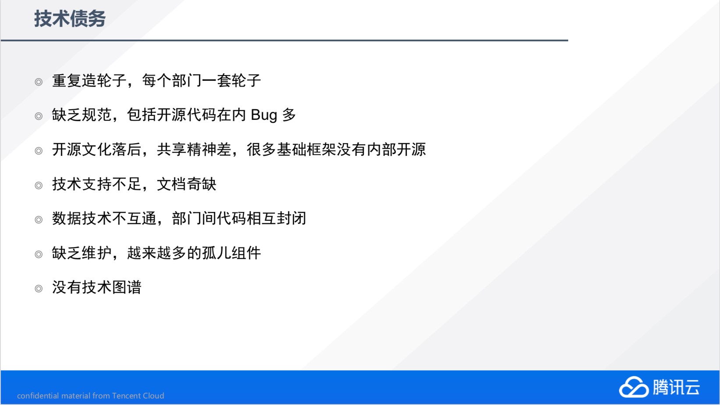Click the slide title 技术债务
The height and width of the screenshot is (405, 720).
[70, 18]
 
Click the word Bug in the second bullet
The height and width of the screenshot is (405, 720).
[264, 115]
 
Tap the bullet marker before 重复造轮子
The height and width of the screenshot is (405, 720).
[39, 82]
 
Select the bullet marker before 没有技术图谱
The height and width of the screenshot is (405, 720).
[39, 289]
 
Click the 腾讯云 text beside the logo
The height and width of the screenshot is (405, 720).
[676, 387]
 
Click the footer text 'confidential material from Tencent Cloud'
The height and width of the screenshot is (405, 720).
[91, 396]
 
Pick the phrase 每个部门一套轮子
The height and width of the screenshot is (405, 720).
[202, 80]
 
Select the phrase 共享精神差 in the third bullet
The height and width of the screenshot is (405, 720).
[194, 150]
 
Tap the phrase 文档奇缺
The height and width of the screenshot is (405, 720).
[187, 184]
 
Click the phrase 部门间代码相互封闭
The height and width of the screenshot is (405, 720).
[239, 219]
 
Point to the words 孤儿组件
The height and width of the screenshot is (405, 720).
[232, 253]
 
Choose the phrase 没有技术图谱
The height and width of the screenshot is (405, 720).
[97, 287]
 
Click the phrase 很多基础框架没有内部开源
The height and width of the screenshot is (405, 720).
[336, 150]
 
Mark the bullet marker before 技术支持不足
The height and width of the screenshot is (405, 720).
[39, 186]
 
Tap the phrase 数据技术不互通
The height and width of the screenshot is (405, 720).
[104, 219]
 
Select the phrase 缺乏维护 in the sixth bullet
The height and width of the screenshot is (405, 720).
[82, 253]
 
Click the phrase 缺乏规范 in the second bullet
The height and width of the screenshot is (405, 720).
[82, 115]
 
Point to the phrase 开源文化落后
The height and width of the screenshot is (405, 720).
[97, 150]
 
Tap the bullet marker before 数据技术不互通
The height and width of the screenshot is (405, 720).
[39, 220]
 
